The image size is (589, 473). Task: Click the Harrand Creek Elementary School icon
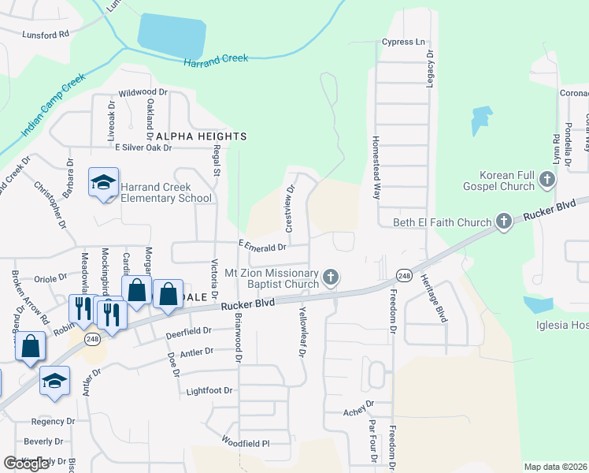click(103, 183)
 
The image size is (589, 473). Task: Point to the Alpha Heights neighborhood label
click(202, 136)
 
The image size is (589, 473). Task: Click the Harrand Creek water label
click(216, 60)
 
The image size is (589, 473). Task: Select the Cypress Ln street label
click(403, 41)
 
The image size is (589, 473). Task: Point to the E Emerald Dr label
click(263, 246)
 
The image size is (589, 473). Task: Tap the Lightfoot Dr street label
click(210, 390)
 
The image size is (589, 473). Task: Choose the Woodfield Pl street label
click(245, 443)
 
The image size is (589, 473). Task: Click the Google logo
click(26, 464)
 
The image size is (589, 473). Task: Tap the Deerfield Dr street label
click(189, 333)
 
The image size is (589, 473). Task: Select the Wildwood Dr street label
click(143, 92)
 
